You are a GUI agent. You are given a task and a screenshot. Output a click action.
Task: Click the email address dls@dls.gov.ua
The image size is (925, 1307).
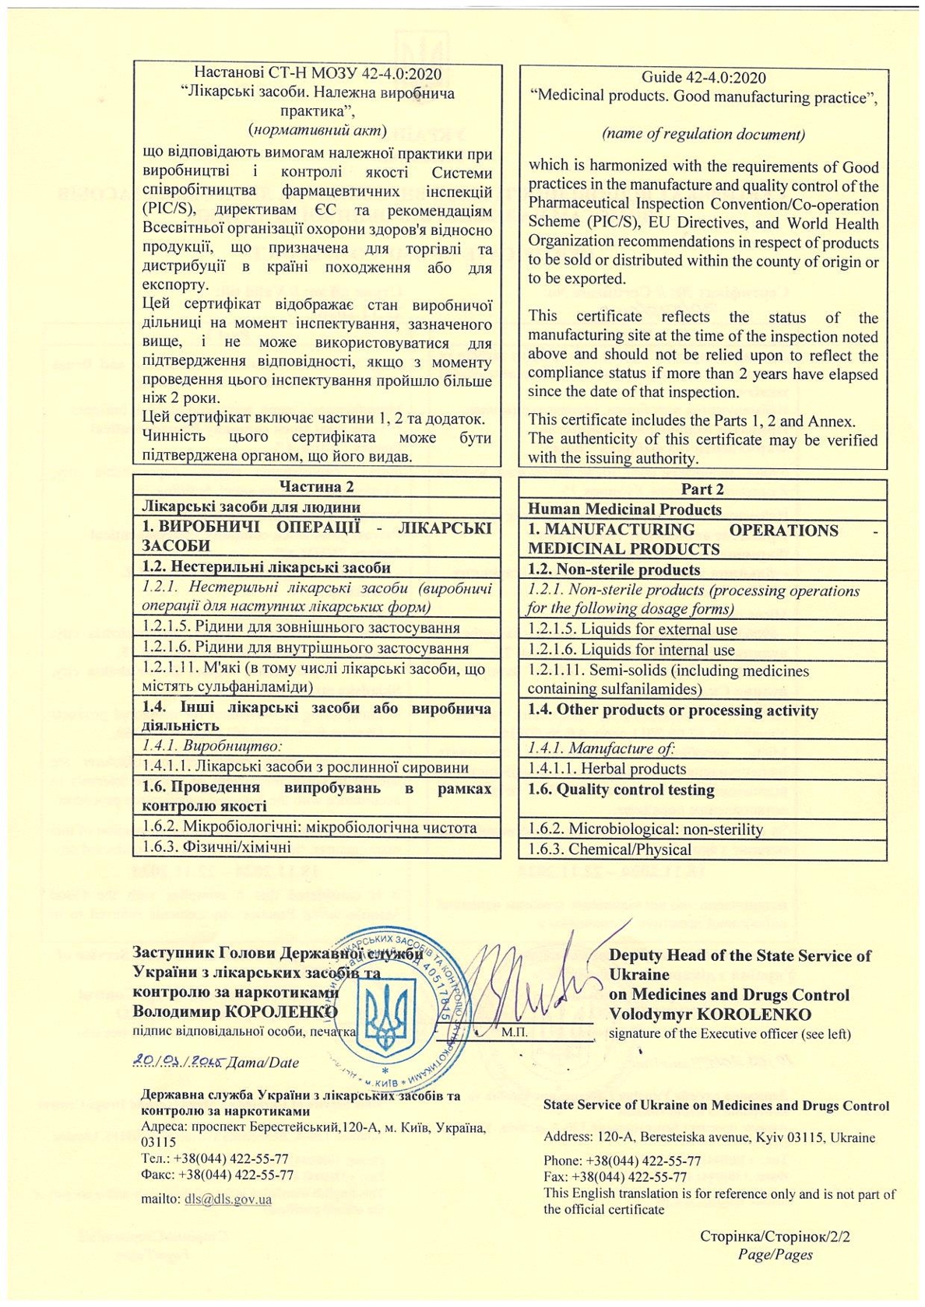(228, 1199)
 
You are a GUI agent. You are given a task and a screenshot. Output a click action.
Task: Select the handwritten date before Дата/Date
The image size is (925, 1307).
(178, 1061)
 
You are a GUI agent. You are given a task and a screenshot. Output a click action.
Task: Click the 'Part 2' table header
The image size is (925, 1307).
(702, 489)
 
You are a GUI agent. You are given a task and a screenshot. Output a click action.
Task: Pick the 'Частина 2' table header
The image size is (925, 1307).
(316, 486)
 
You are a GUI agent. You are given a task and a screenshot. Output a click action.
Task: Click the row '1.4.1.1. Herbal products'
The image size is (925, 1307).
(607, 769)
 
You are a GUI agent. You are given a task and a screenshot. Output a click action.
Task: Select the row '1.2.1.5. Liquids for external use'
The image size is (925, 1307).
(632, 629)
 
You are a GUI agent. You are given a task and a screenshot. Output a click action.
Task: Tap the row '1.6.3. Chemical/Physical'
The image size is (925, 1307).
(609, 849)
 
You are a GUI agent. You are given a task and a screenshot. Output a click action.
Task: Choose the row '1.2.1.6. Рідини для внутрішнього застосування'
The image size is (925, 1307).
(305, 648)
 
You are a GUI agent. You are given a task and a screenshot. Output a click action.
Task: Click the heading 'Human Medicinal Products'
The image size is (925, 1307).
(624, 510)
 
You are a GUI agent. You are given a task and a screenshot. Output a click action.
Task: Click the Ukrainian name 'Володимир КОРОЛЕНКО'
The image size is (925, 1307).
(235, 1011)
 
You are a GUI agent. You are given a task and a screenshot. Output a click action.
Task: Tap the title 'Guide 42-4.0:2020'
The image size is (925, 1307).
(703, 78)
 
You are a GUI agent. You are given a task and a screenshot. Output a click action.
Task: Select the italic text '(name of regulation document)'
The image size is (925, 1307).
(703, 134)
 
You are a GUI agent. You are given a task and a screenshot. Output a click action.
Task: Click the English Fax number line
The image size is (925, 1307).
(615, 1177)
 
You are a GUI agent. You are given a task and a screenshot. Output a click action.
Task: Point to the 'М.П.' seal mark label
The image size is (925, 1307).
(515, 1033)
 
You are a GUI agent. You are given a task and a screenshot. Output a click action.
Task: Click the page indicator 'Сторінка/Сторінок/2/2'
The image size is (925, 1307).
(775, 1236)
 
